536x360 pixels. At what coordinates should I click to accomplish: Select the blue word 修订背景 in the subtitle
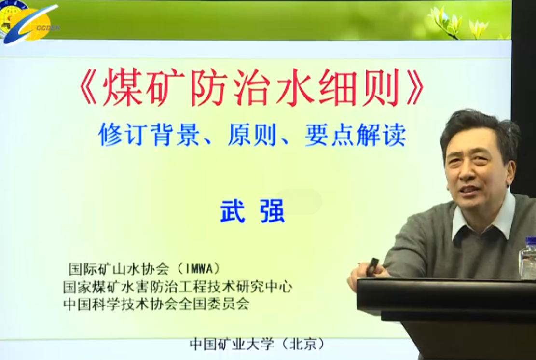pyautogui.click(x=149, y=134)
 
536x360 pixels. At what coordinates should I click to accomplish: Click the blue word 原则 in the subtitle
pyautogui.click(x=252, y=134)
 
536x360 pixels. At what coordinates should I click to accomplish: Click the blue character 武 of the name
pyautogui.click(x=233, y=211)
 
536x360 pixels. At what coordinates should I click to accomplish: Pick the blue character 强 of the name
pyautogui.click(x=272, y=211)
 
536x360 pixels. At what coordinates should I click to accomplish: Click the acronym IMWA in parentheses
pyautogui.click(x=198, y=269)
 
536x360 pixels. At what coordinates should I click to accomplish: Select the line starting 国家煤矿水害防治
pyautogui.click(x=178, y=287)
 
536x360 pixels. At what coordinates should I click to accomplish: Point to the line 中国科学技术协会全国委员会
pyautogui.click(x=156, y=304)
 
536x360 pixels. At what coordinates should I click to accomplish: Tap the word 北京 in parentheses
pyautogui.click(x=303, y=344)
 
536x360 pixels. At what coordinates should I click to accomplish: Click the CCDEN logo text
pyautogui.click(x=47, y=28)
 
